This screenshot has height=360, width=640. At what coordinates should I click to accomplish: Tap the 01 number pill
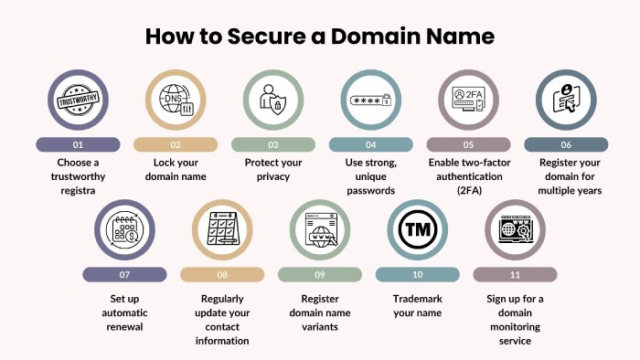coord(78,144)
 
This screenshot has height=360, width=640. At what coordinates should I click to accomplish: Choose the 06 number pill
coord(565,144)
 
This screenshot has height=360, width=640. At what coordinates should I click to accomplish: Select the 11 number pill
coord(515,274)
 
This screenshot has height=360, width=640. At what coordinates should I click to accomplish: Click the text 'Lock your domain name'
coord(176,170)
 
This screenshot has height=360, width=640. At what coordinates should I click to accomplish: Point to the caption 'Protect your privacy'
coord(272,170)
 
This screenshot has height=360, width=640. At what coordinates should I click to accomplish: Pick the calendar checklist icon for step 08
coord(222,231)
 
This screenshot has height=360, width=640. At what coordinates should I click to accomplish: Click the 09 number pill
coord(320,274)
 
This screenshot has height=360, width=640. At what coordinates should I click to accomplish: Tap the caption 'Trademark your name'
coord(417,305)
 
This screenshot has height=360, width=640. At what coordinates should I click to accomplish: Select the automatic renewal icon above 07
coord(125,231)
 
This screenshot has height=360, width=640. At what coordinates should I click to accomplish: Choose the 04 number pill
coord(370,144)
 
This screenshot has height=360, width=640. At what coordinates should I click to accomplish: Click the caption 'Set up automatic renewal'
coord(125,312)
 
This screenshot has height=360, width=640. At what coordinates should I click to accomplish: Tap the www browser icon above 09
coord(320,231)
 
